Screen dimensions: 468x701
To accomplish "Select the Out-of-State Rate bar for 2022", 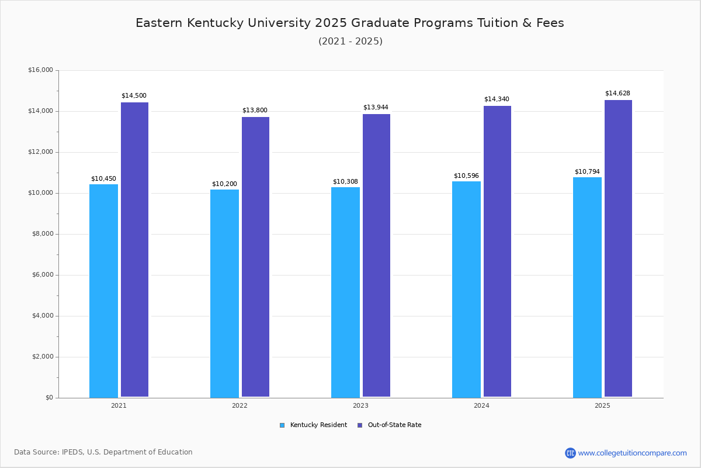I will pyautogui.click(x=255, y=257).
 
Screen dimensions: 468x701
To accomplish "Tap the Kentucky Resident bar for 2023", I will pyautogui.click(x=345, y=292).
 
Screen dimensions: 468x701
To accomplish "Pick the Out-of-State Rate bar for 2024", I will pyautogui.click(x=497, y=251).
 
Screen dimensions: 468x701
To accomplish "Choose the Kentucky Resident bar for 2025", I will pyautogui.click(x=587, y=287).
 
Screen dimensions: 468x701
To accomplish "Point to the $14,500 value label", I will pyautogui.click(x=134, y=95).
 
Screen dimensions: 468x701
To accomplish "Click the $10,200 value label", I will pyautogui.click(x=224, y=184).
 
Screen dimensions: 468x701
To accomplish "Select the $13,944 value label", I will pyautogui.click(x=376, y=107).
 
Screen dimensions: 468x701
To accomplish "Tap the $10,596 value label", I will pyautogui.click(x=466, y=175).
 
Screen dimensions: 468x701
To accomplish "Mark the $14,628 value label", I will pyautogui.click(x=617, y=93).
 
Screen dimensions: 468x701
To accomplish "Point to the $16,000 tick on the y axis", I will pyautogui.click(x=40, y=70).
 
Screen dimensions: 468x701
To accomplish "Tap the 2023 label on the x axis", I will pyautogui.click(x=360, y=405).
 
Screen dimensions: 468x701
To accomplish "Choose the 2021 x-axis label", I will pyautogui.click(x=119, y=405).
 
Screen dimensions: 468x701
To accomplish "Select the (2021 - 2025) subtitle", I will pyautogui.click(x=350, y=41).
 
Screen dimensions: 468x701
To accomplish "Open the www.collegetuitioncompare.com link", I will pyautogui.click(x=632, y=453).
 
